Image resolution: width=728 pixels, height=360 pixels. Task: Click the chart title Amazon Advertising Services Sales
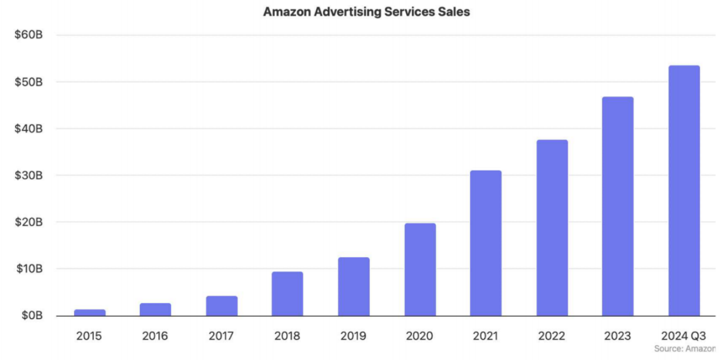(x=366, y=11)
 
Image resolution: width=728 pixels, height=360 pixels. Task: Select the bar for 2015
(x=89, y=312)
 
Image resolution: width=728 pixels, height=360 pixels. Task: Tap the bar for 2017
(x=221, y=306)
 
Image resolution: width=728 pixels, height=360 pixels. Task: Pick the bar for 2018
(x=287, y=293)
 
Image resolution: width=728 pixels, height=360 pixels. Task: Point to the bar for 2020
(x=420, y=270)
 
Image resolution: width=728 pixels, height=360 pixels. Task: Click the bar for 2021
(x=486, y=243)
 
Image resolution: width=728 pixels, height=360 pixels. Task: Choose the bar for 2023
(x=618, y=206)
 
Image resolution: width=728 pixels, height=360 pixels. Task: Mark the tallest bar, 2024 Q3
(x=684, y=191)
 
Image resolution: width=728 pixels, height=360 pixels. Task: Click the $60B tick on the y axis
(x=28, y=35)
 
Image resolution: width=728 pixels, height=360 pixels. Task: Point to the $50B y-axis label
(x=28, y=82)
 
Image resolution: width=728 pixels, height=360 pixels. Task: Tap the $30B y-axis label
(x=28, y=175)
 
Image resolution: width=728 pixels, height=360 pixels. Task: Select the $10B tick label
(x=28, y=268)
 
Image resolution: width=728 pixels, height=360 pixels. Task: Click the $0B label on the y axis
(x=31, y=315)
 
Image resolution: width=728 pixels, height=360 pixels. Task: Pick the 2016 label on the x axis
(x=155, y=336)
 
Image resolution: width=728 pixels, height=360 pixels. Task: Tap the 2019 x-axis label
(x=353, y=336)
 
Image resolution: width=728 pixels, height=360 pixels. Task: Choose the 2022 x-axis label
(x=552, y=336)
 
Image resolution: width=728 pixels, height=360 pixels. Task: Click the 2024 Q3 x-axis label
(x=684, y=336)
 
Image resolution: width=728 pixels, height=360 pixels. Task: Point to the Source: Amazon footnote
(x=684, y=349)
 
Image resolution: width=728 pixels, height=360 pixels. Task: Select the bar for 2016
(x=155, y=309)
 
